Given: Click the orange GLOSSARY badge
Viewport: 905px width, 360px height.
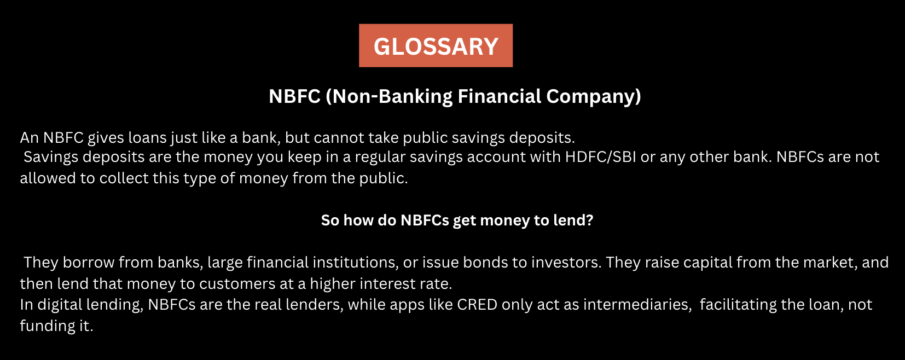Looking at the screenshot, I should [x=436, y=46].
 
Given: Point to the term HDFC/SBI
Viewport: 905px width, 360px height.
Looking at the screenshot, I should [x=601, y=157].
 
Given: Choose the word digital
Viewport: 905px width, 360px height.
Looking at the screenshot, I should [x=59, y=305].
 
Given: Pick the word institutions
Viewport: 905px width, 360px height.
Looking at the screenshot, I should [x=322, y=263].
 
